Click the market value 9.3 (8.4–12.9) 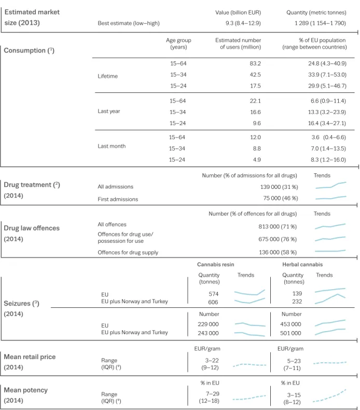tap(243, 23)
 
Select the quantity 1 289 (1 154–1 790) tap(320, 23)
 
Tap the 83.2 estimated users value tap(255, 63)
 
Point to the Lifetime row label tap(108, 76)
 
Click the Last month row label tap(112, 146)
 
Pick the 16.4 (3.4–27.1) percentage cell tap(327, 123)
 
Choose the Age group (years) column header tap(178, 44)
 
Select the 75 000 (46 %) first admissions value tap(281, 198)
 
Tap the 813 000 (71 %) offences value tap(278, 227)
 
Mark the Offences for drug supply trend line tap(330, 251)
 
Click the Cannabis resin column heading tap(216, 265)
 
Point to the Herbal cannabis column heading tap(302, 265)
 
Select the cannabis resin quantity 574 tap(214, 294)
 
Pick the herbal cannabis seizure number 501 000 tap(290, 333)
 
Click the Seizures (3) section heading tap(21, 304)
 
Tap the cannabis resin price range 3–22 tap(212, 361)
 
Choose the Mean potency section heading tap(25, 390)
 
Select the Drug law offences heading tap(32, 228)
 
